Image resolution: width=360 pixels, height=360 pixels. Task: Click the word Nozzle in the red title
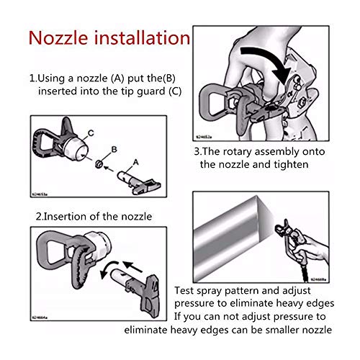click(x=58, y=38)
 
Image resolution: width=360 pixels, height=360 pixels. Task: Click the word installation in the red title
click(x=143, y=37)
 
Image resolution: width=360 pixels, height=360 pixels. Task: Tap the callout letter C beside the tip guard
click(x=91, y=133)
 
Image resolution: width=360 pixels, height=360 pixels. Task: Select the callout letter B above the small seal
click(x=114, y=149)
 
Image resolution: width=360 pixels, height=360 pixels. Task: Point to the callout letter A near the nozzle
click(x=136, y=162)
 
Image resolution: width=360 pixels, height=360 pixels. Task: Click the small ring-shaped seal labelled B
click(x=99, y=164)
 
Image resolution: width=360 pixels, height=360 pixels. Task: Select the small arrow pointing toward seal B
click(x=109, y=168)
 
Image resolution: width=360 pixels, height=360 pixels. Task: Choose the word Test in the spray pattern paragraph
click(x=184, y=291)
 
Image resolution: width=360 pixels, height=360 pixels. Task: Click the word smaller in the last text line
click(x=282, y=330)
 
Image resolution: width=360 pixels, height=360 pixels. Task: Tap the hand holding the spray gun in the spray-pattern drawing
click(x=310, y=250)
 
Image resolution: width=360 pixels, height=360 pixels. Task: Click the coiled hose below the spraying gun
click(x=305, y=272)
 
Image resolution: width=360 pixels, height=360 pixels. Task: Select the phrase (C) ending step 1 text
click(x=175, y=91)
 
